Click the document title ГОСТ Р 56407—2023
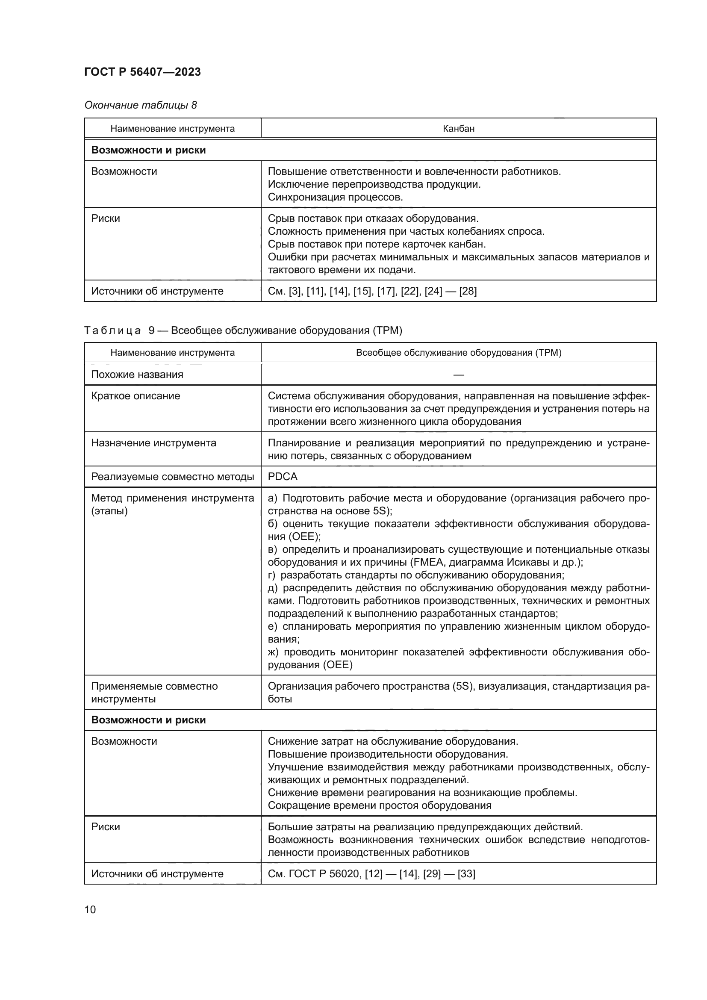coord(142,72)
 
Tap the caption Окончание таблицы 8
coord(140,105)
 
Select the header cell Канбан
coord(458,129)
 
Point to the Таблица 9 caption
coord(242,330)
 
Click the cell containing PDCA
coord(283,476)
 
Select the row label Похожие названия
coord(137,375)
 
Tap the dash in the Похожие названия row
coord(458,375)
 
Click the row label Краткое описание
coord(136,396)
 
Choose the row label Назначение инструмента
coord(153,443)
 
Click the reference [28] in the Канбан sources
coord(468,291)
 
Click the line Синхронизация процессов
coord(335,197)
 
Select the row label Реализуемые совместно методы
coord(172,476)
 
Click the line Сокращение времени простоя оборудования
coord(379,805)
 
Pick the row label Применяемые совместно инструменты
coord(154,692)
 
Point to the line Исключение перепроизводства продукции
coord(374,184)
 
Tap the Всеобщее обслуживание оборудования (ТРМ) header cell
coord(458,352)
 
